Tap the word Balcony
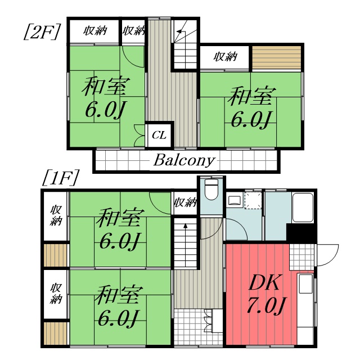[x=184, y=160]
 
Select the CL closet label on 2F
[x=159, y=135]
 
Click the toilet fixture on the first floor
[x=211, y=191]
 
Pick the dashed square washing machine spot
[x=253, y=201]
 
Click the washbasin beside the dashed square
[x=235, y=200]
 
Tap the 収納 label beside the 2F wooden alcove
[x=225, y=57]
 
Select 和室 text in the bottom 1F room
[x=118, y=294]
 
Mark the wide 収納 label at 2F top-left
[x=94, y=31]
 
